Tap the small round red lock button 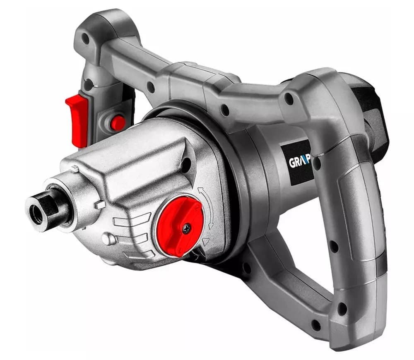click(x=118, y=123)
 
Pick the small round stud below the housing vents click(x=108, y=239)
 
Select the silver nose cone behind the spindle click(x=83, y=194)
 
